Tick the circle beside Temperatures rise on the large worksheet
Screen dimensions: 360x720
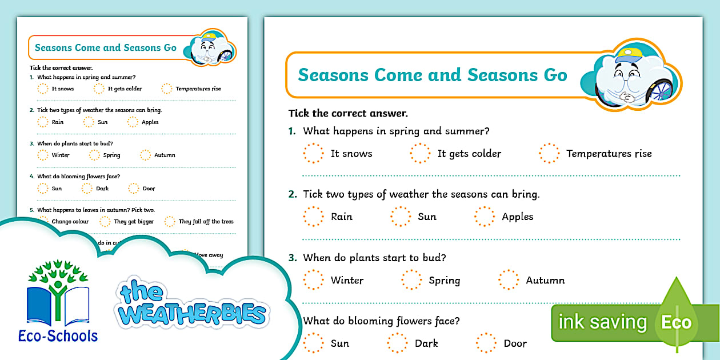pos(549,153)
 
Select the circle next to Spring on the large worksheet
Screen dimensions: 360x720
pos(411,280)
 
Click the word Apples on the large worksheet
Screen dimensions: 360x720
pos(517,217)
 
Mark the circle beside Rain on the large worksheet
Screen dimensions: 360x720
pos(313,217)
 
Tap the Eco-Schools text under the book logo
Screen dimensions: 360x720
pos(62,335)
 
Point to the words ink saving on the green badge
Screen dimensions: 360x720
pos(602,322)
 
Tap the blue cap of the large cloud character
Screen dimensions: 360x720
pos(628,55)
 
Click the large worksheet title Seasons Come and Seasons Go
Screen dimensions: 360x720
pos(432,75)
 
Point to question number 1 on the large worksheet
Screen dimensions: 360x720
pos(292,131)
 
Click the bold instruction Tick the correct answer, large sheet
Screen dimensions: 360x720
pos(347,113)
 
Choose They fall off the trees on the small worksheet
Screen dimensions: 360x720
pos(206,222)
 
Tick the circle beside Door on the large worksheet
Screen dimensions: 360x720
pos(486,343)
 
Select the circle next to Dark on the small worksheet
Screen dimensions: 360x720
pos(87,189)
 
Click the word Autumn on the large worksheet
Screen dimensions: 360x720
pos(545,280)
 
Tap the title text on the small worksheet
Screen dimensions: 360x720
pos(106,48)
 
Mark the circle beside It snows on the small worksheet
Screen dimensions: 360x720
pos(43,89)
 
